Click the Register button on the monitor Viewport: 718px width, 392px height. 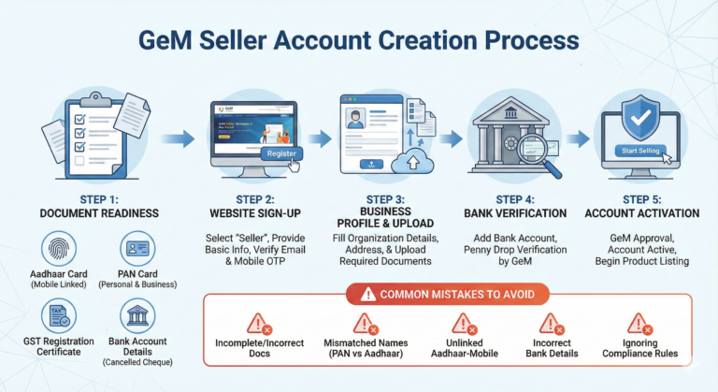[x=281, y=153]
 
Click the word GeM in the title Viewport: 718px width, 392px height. [x=170, y=42]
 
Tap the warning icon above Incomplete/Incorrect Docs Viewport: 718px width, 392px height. [x=257, y=325]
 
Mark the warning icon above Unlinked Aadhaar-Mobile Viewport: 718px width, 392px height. [x=462, y=325]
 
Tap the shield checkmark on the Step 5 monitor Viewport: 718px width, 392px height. [x=641, y=117]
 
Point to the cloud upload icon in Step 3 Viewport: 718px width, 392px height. [x=410, y=163]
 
